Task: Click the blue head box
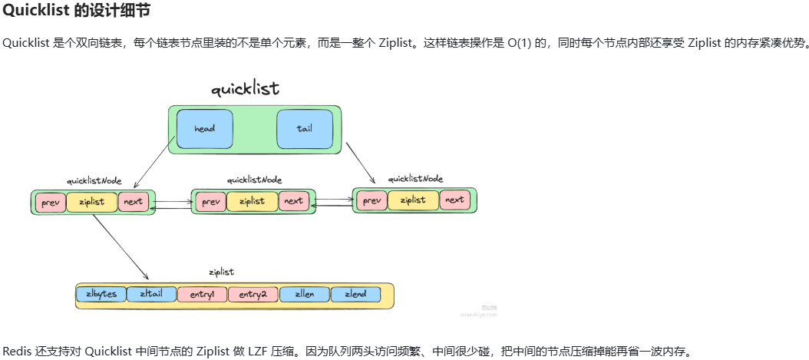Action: pyautogui.click(x=204, y=128)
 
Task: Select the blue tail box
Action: pyautogui.click(x=305, y=128)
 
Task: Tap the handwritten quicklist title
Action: pyautogui.click(x=245, y=89)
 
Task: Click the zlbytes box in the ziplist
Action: pyautogui.click(x=101, y=294)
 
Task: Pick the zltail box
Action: pyautogui.click(x=151, y=294)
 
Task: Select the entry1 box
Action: pyautogui.click(x=202, y=294)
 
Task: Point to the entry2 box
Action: pyautogui.click(x=253, y=294)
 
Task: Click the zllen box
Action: pyautogui.click(x=305, y=294)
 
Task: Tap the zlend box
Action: pyautogui.click(x=355, y=294)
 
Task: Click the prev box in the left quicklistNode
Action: pyautogui.click(x=49, y=202)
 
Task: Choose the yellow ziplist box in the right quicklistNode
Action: pyautogui.click(x=413, y=200)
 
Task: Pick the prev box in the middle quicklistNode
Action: pyautogui.click(x=210, y=202)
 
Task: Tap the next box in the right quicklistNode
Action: pyautogui.click(x=454, y=200)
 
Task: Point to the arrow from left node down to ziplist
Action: pyautogui.click(x=120, y=246)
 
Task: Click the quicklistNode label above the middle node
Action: pyautogui.click(x=254, y=180)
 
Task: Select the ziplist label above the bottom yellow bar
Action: pyautogui.click(x=221, y=272)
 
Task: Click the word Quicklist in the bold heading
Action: pyautogui.click(x=31, y=12)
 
